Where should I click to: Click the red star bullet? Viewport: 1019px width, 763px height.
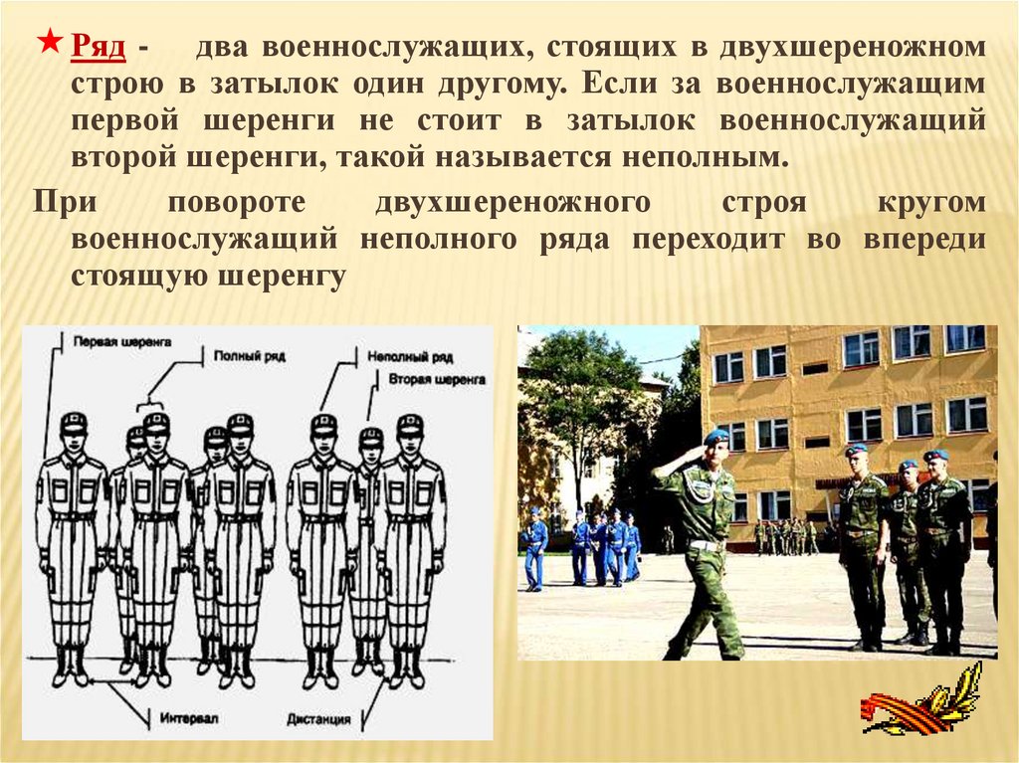coord(50,43)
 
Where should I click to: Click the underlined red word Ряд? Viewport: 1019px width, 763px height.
coord(98,46)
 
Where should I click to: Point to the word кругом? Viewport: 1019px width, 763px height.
coord(931,203)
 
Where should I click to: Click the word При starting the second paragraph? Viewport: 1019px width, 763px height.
coord(65,202)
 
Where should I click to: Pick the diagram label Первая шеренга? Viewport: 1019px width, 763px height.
coord(121,342)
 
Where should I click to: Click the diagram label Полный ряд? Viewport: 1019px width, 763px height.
coord(250,356)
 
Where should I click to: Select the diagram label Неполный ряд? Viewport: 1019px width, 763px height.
coord(410,357)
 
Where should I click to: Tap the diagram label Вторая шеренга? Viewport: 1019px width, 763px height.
coord(437,379)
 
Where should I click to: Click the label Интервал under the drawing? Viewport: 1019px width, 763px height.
coord(188,718)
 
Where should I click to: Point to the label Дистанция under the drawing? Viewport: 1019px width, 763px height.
coord(318,719)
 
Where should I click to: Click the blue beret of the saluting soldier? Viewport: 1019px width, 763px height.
coord(716,436)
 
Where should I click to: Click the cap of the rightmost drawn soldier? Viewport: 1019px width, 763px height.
coord(410,424)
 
